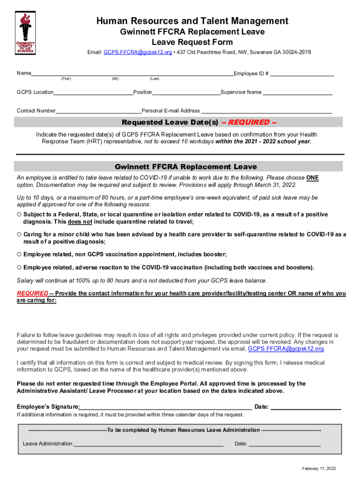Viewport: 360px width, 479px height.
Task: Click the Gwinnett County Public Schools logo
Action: click(26, 33)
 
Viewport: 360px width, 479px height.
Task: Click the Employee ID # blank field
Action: click(302, 73)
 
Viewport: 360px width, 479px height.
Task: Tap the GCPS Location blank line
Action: click(93, 92)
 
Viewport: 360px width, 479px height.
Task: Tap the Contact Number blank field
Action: click(99, 111)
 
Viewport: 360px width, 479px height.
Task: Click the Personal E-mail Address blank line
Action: click(266, 111)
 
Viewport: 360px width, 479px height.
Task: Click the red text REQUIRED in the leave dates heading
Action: click(252, 123)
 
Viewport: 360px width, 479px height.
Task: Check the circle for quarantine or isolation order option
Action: click(19, 215)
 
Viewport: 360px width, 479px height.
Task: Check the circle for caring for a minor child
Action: click(19, 234)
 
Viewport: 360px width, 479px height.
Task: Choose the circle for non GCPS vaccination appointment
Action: click(19, 254)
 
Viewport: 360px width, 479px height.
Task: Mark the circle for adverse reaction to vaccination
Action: click(19, 268)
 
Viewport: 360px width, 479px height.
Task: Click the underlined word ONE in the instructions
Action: click(312, 178)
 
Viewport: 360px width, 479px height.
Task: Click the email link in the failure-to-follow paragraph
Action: click(286, 349)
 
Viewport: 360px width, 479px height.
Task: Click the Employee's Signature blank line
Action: click(166, 406)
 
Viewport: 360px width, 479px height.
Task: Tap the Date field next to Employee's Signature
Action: click(306, 406)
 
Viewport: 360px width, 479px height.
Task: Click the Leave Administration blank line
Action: click(148, 443)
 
